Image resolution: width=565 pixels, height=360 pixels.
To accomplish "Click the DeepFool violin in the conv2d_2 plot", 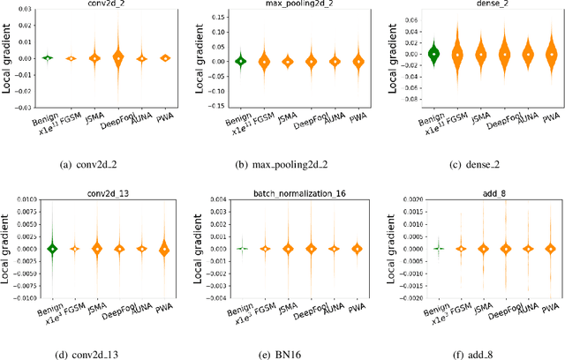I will click(118, 58).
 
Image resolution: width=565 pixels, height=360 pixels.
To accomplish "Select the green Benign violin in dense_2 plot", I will click(433, 53).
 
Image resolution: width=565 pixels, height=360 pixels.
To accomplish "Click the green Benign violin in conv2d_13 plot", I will click(53, 249).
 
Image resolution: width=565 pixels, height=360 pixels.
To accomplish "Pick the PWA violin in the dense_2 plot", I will click(552, 54).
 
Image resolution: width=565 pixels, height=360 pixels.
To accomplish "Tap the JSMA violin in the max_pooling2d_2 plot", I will click(288, 61).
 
